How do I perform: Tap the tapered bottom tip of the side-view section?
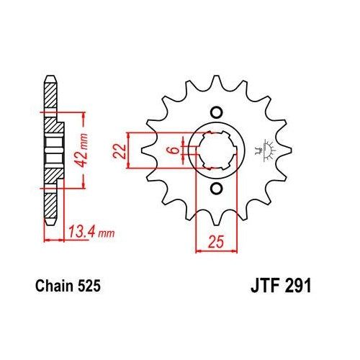(x=49, y=223)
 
